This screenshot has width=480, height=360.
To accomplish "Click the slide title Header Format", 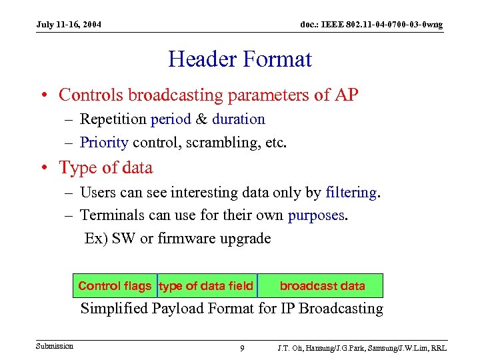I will pyautogui.click(x=240, y=59).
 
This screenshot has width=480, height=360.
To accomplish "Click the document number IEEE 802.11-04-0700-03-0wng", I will pyautogui.click(x=371, y=25).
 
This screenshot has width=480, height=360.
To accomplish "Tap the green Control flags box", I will pyautogui.click(x=115, y=286).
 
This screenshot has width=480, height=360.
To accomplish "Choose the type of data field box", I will pyautogui.click(x=207, y=286).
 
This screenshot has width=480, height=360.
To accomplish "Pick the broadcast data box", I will pyautogui.click(x=322, y=286).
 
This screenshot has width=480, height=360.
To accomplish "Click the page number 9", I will pyautogui.click(x=242, y=348).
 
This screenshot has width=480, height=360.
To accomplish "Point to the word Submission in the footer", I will pyautogui.click(x=55, y=346).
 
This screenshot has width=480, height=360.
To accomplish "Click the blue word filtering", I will pyautogui.click(x=351, y=193).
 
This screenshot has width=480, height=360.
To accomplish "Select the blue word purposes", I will pyautogui.click(x=316, y=215).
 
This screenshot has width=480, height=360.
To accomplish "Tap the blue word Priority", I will pyautogui.click(x=104, y=142).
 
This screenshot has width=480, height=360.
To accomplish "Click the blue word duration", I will pyautogui.click(x=239, y=119).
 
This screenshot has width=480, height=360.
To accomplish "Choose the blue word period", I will pyautogui.click(x=171, y=119).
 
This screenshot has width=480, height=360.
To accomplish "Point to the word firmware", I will pyautogui.click(x=183, y=238).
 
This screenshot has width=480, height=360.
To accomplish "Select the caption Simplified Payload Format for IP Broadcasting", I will pyautogui.click(x=231, y=309).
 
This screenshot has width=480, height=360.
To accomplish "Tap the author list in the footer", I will pyautogui.click(x=362, y=348).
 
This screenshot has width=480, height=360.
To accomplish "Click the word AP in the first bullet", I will pyautogui.click(x=345, y=95).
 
